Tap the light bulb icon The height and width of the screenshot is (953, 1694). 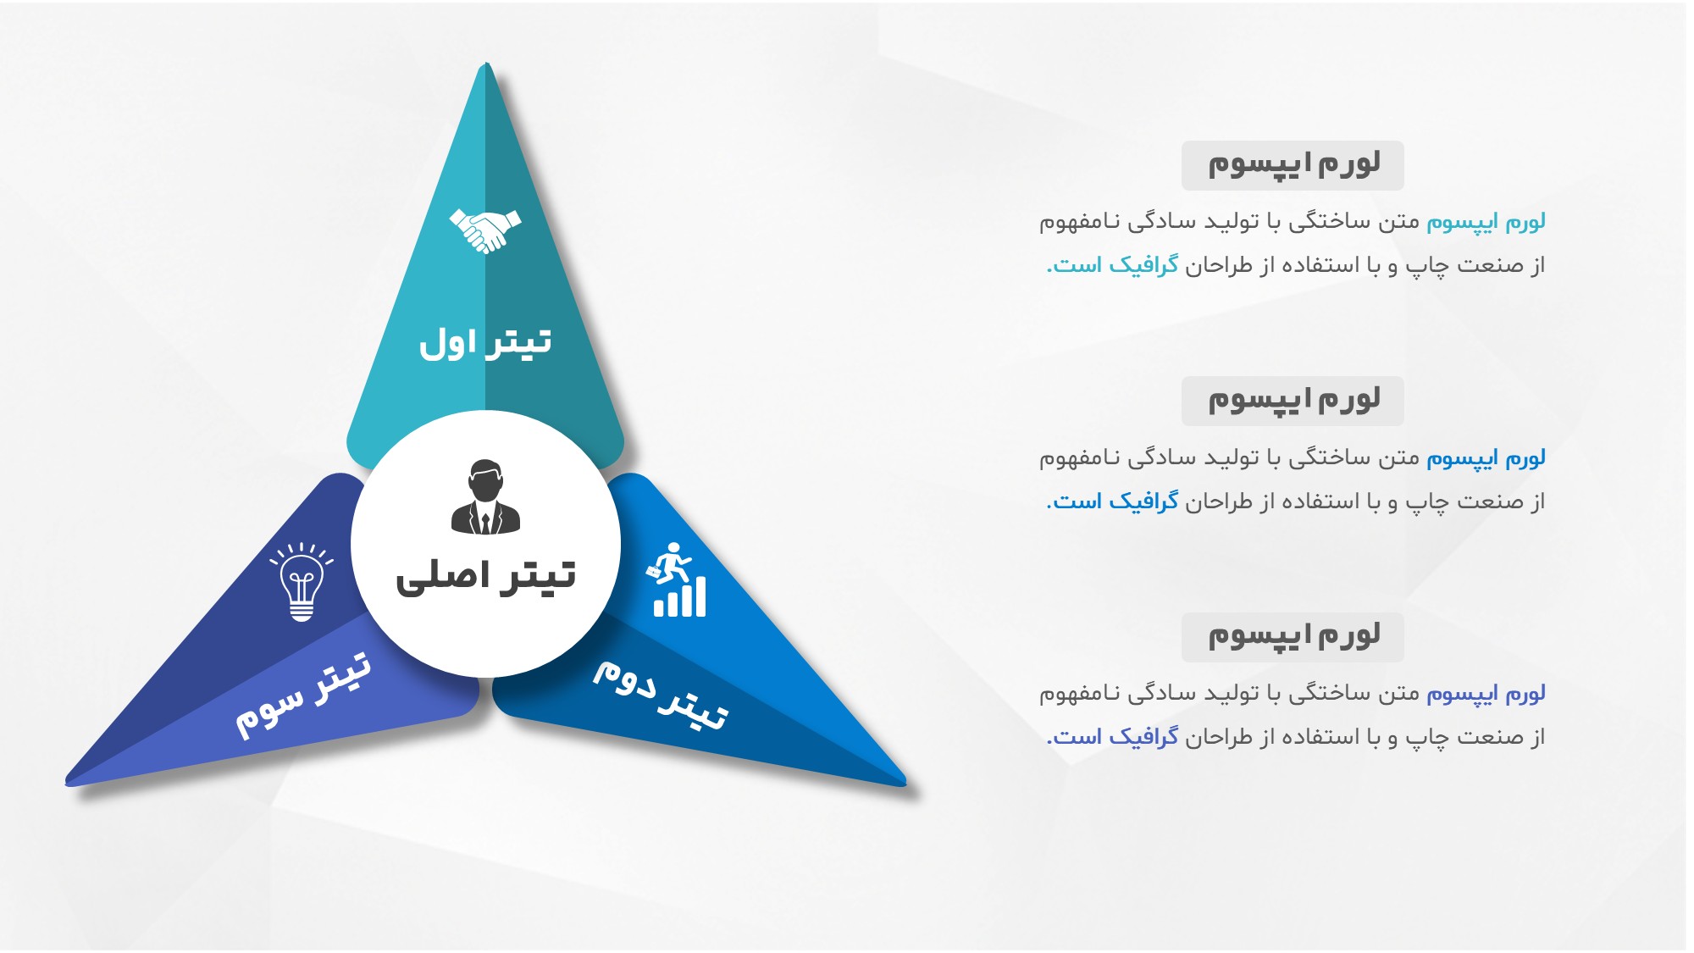pos(302,582)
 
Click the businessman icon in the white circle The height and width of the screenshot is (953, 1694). pos(485,497)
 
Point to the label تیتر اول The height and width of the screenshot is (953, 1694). pos(485,342)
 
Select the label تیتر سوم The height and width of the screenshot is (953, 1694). pos(303,695)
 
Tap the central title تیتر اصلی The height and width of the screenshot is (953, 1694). pos(485,576)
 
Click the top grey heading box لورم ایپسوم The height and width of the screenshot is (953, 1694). pos(1293,165)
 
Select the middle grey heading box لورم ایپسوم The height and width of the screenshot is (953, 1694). pos(1293,401)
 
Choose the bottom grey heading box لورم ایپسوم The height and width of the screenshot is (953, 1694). pos(1293,637)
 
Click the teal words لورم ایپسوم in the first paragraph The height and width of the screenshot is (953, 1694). pos(1486,222)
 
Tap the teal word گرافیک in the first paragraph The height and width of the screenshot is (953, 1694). pos(1143,265)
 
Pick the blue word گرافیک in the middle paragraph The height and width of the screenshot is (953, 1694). pos(1143,501)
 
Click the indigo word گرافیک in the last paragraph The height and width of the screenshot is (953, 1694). pos(1143,737)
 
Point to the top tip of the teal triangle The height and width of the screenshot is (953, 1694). pos(486,64)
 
